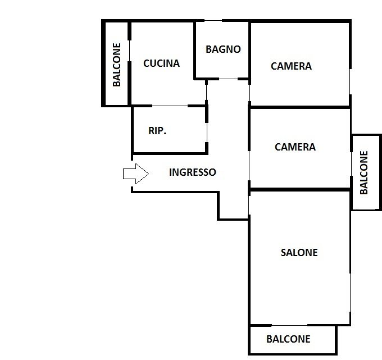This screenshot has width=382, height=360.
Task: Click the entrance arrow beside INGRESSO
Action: tap(136, 174)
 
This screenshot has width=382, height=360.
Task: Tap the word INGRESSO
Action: tap(193, 172)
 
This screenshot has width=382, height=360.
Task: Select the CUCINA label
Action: tap(162, 63)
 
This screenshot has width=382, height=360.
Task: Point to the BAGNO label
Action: tap(223, 49)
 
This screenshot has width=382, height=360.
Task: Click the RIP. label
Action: tap(157, 131)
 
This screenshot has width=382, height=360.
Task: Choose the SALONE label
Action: tap(299, 253)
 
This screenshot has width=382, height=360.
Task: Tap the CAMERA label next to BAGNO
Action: tap(291, 66)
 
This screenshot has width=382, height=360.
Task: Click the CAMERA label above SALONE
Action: tap(295, 147)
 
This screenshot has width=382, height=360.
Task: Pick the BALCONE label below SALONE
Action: tap(288, 339)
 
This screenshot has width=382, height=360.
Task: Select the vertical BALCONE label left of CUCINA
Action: tap(117, 65)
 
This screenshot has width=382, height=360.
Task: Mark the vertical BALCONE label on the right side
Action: tap(363, 172)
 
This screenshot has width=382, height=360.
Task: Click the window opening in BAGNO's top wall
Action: tap(213, 20)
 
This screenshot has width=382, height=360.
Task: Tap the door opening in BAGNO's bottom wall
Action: tap(228, 79)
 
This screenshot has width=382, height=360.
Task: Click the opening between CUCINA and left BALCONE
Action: tap(129, 51)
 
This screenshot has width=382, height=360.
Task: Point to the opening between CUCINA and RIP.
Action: tap(170, 106)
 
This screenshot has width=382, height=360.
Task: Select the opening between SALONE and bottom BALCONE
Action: tap(289, 325)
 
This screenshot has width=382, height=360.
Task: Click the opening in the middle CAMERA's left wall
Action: tap(249, 166)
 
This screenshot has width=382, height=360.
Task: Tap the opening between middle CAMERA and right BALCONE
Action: tap(351, 164)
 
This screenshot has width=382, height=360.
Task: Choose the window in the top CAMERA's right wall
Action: tap(350, 81)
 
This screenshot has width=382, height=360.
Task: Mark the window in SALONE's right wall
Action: tap(351, 292)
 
